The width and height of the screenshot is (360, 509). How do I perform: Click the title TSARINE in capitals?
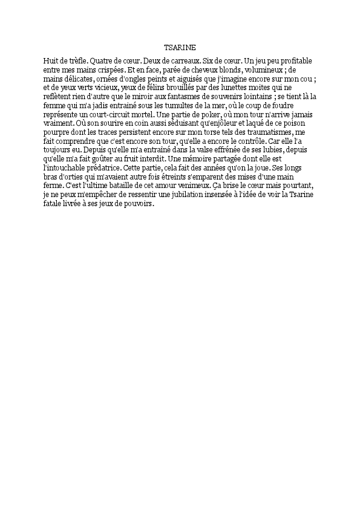click(x=180, y=47)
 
